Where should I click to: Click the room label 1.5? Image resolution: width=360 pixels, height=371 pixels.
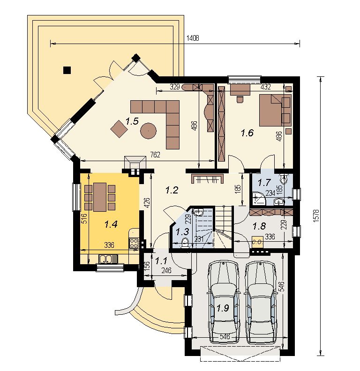click(x=132, y=121)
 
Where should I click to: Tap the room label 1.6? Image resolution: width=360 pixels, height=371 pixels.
click(x=247, y=133)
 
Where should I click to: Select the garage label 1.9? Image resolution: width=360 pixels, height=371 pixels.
click(x=223, y=308)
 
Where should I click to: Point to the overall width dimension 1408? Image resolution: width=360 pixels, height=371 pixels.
click(x=193, y=38)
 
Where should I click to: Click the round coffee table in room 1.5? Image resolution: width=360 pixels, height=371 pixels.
click(x=148, y=130)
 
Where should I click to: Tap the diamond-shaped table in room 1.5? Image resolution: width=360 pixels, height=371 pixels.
click(x=119, y=129)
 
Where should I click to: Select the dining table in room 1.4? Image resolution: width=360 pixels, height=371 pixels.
click(x=100, y=197)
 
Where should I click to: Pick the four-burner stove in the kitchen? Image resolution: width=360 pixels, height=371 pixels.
click(x=134, y=243)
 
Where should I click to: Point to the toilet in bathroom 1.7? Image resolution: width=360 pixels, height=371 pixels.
click(x=284, y=179)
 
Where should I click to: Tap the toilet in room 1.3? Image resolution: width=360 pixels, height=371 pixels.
click(x=185, y=243)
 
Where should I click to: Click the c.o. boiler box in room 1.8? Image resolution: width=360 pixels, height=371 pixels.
click(x=257, y=242)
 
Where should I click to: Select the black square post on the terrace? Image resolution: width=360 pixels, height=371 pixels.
click(x=67, y=70)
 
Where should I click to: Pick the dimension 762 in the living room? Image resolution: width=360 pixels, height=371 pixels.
click(x=155, y=155)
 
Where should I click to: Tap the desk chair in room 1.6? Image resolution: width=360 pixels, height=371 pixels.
click(x=240, y=99)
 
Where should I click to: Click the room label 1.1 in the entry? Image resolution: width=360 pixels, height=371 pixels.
click(x=161, y=261)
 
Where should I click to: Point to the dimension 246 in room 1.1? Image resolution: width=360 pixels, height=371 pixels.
click(x=166, y=270)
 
